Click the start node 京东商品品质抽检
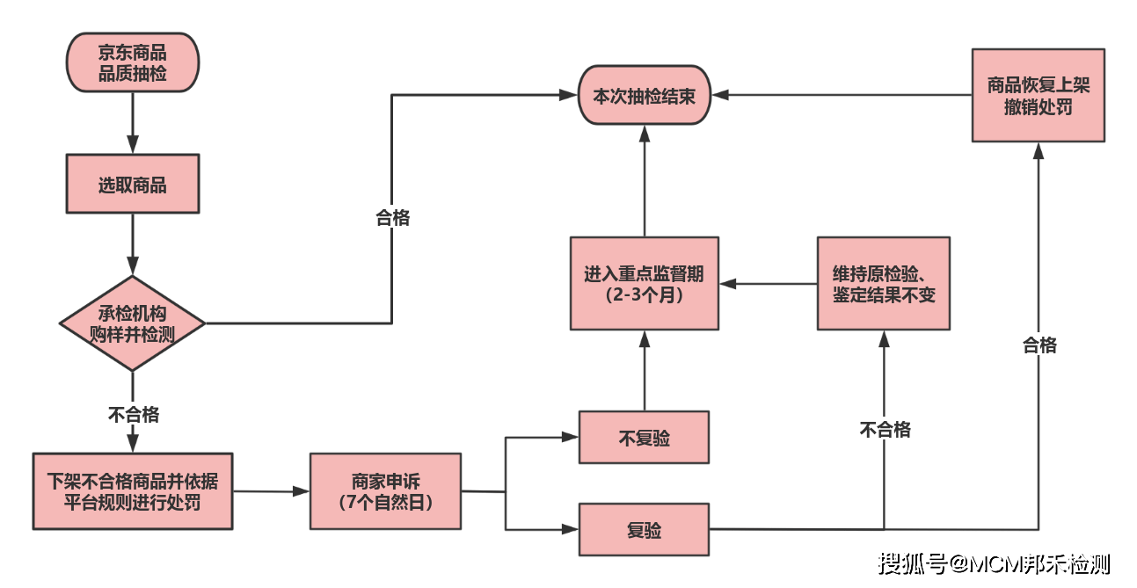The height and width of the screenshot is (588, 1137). (133, 62)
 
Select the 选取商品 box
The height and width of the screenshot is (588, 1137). (133, 184)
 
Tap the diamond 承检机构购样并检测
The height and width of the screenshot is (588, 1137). (133, 323)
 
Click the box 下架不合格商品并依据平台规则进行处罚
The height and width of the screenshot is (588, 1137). (133, 491)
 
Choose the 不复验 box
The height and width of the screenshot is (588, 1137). (644, 437)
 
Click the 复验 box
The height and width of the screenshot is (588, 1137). (644, 529)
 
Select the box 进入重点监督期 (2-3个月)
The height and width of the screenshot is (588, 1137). (644, 283)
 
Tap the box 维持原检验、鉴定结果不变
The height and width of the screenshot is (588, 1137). (883, 283)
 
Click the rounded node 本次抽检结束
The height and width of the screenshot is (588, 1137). (644, 95)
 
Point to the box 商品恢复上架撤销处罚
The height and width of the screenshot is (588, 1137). (1038, 95)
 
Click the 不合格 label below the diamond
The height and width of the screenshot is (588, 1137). (133, 414)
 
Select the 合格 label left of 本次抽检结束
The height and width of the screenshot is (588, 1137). (392, 218)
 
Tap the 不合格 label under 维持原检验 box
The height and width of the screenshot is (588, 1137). (885, 429)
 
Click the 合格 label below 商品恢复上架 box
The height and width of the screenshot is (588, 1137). (1039, 345)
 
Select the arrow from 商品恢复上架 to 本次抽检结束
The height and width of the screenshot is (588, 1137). (840, 95)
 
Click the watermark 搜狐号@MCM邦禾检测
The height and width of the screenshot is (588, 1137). (995, 563)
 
